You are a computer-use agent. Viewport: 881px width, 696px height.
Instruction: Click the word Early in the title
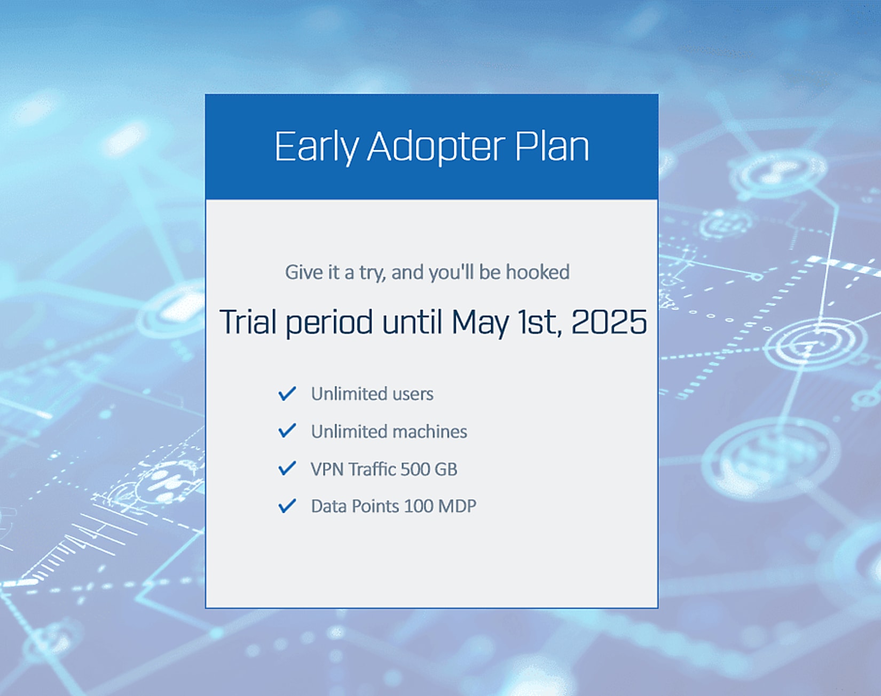tap(316, 147)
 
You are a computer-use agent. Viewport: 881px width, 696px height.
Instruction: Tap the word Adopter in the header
tap(436, 147)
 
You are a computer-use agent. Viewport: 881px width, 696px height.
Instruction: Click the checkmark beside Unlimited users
tap(287, 394)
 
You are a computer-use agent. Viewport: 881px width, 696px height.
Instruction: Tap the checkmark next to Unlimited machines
tap(287, 430)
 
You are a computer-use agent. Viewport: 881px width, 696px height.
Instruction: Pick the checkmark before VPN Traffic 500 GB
tap(287, 468)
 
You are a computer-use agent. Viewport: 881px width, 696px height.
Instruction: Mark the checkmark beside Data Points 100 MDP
tap(287, 506)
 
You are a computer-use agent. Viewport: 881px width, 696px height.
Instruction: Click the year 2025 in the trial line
tap(609, 322)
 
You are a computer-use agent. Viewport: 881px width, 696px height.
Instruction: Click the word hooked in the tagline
tap(538, 272)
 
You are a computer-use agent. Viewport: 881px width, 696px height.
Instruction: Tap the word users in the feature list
tap(413, 394)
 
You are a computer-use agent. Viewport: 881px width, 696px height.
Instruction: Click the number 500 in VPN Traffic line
tap(415, 469)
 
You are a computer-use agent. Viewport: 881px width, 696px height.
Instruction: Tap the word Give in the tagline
tap(304, 272)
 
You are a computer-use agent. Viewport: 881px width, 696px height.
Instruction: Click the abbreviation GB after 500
tap(446, 469)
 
